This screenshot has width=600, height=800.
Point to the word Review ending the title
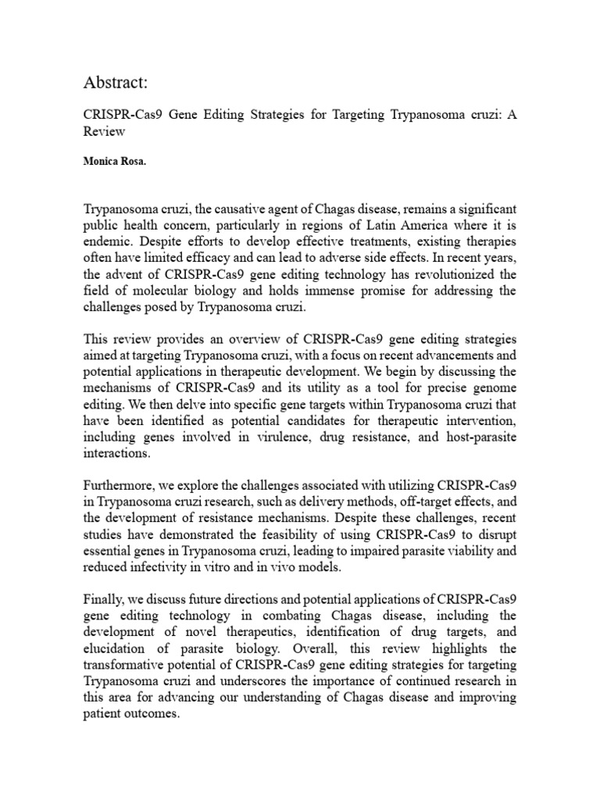pyautogui.click(x=105, y=133)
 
